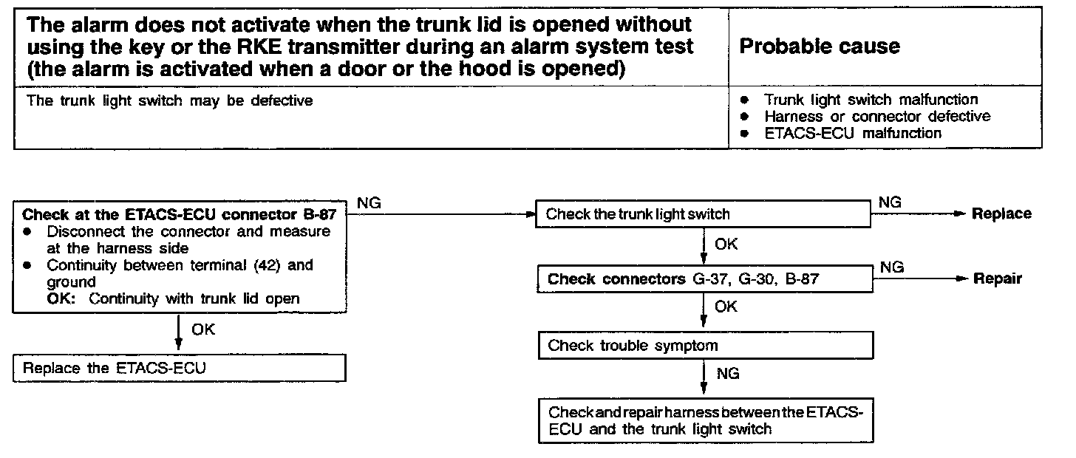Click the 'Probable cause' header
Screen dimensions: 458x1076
(820, 47)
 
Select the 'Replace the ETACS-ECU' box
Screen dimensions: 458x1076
(180, 368)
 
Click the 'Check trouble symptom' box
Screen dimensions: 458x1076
(706, 346)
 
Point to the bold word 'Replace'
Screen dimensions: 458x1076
(1001, 213)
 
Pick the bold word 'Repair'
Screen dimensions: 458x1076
(997, 278)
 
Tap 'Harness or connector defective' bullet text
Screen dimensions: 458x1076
(877, 116)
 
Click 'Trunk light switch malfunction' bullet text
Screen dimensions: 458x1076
(871, 99)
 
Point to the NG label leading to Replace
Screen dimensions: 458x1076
(891, 202)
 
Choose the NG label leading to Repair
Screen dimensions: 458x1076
(892, 267)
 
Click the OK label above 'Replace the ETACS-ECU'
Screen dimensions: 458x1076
(202, 329)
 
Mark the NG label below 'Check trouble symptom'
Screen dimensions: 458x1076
(728, 374)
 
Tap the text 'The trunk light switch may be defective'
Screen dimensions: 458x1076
(169, 100)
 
